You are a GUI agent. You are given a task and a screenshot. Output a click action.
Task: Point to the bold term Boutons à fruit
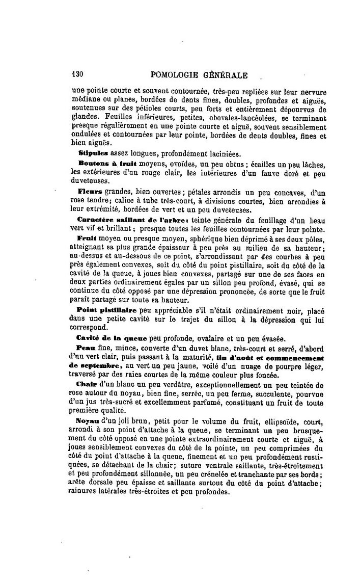pyautogui.click(x=105, y=163)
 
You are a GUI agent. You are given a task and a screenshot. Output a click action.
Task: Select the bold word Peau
pyautogui.click(x=86, y=348)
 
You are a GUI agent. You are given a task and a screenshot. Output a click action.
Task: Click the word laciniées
pyautogui.click(x=217, y=153)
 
